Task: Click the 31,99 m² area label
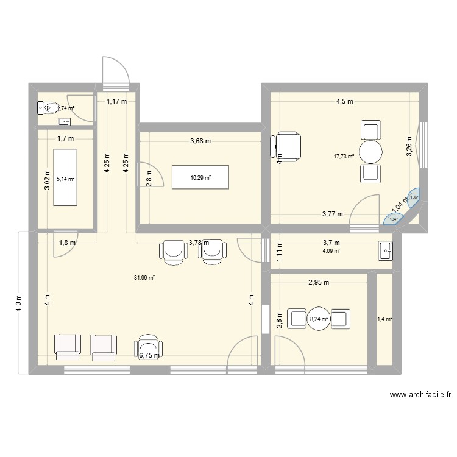click(144, 278)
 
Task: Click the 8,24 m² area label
click(319, 318)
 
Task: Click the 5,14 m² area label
click(65, 179)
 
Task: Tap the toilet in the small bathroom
click(48, 108)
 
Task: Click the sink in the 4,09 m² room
click(386, 250)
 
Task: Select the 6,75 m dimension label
click(149, 356)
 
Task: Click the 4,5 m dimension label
click(344, 102)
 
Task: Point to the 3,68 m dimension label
click(200, 141)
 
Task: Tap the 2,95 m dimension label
click(318, 283)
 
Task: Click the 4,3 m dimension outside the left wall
click(18, 303)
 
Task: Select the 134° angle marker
click(393, 219)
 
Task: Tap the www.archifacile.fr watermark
click(420, 395)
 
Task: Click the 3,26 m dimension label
click(409, 146)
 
